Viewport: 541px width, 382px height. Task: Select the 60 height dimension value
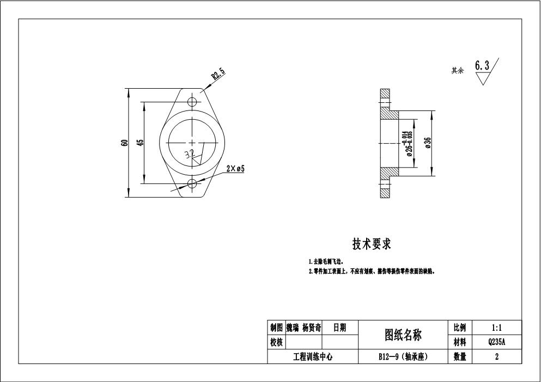(x=125, y=143)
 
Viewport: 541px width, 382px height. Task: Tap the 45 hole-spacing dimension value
(x=141, y=143)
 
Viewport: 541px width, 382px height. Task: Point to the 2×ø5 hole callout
(x=235, y=169)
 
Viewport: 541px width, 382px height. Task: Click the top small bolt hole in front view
(x=192, y=102)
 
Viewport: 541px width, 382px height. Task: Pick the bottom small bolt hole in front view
(x=192, y=183)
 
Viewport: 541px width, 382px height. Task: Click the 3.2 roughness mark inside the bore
(x=190, y=154)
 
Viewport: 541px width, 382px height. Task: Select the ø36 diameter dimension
(x=428, y=143)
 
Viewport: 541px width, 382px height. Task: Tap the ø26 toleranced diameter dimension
(x=408, y=144)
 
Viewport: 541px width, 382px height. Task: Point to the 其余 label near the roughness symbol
(x=457, y=71)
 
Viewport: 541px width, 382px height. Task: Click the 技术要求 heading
(x=372, y=245)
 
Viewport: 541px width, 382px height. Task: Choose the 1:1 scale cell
(x=496, y=328)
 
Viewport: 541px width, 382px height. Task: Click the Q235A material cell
(x=496, y=342)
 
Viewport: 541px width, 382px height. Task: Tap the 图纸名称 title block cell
(x=403, y=335)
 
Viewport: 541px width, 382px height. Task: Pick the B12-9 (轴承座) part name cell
(x=403, y=357)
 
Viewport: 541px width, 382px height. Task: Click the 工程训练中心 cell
(x=313, y=357)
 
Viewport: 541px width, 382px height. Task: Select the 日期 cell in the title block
(x=339, y=328)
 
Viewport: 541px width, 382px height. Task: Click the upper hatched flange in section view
(x=386, y=103)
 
